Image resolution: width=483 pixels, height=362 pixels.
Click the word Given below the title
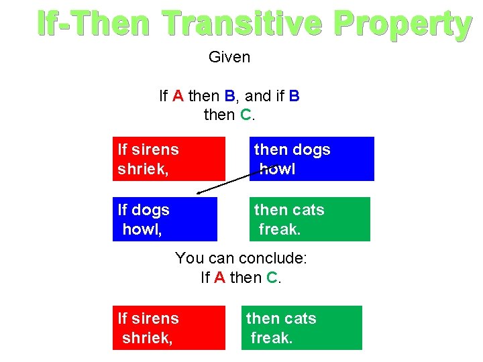[x=229, y=57]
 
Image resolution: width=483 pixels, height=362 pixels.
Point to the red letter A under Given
[x=178, y=96]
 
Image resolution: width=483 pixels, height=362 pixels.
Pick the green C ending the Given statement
[x=245, y=115]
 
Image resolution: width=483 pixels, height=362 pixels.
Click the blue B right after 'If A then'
[x=229, y=96]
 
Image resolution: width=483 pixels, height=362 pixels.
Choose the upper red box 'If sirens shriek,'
[x=169, y=159]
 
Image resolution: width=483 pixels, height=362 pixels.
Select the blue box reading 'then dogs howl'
[x=311, y=159]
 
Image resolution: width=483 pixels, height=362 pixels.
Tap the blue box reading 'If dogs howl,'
[x=165, y=219]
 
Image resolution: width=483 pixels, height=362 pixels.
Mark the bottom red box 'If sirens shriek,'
[x=169, y=327]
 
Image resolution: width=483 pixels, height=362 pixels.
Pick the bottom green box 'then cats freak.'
[x=301, y=327]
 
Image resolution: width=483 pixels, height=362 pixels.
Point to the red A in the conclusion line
[x=219, y=277]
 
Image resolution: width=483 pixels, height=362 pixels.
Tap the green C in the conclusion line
[x=272, y=277]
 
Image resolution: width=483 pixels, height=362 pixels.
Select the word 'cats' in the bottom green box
[x=300, y=318]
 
